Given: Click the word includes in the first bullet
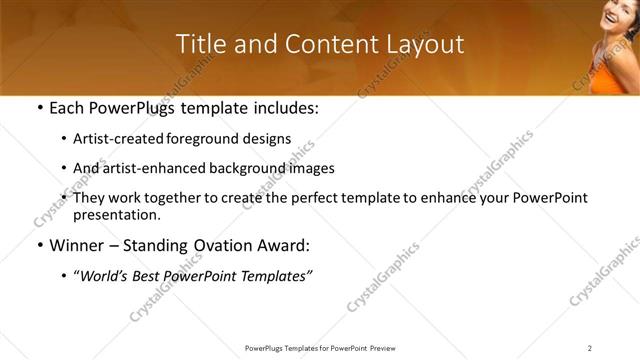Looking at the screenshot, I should coord(279,108).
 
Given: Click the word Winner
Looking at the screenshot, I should coord(77,246).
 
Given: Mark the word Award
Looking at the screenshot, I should coord(290,246).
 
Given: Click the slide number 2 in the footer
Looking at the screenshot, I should coord(590,348).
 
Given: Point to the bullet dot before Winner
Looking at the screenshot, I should coord(39,246).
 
